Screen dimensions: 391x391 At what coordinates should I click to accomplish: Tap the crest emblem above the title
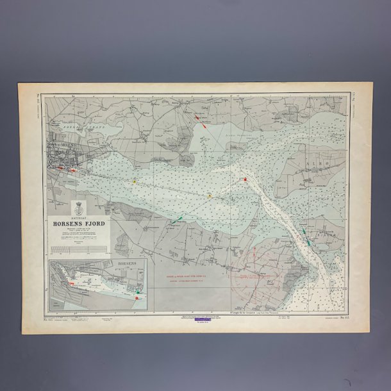(x=81, y=209)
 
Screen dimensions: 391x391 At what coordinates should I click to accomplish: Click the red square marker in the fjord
(x=245, y=179)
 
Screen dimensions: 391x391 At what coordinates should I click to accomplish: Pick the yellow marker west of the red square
(x=210, y=195)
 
